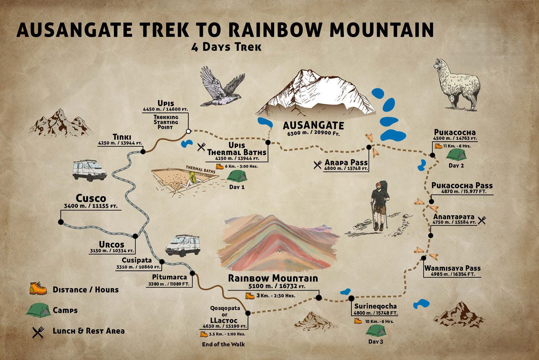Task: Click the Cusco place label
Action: pyautogui.click(x=91, y=199)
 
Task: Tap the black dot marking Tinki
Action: pyautogui.click(x=143, y=151)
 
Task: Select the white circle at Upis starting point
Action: pyautogui.click(x=188, y=131)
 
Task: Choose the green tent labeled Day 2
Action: pyautogui.click(x=456, y=154)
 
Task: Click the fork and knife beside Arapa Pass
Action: pyautogui.click(x=318, y=165)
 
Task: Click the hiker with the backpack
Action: pyautogui.click(x=379, y=205)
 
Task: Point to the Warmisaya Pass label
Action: pyautogui.click(x=452, y=268)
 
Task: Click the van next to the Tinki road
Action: pyautogui.click(x=89, y=170)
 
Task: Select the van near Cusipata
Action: pyautogui.click(x=178, y=245)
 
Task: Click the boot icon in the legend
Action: pyautogui.click(x=38, y=289)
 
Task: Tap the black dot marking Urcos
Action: pyautogui.click(x=135, y=236)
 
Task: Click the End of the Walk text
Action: pyautogui.click(x=223, y=345)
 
